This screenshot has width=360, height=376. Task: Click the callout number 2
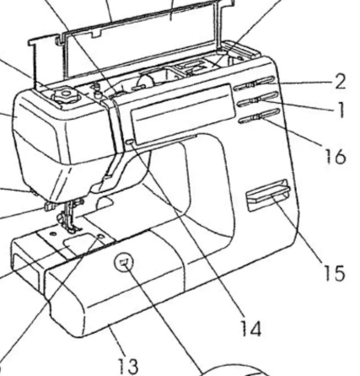[x=340, y=82]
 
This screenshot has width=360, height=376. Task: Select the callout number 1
[x=341, y=110]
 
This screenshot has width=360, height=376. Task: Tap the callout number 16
[x=336, y=156]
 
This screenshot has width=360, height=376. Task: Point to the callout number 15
[x=335, y=273]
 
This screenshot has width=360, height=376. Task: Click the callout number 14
[x=251, y=328]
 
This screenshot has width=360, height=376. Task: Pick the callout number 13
[x=128, y=366]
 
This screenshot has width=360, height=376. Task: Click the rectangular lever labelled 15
[x=268, y=195]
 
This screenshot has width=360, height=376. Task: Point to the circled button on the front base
[x=124, y=262]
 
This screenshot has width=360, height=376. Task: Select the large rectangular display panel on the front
[x=183, y=114]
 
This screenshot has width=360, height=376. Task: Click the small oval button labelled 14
[x=130, y=142]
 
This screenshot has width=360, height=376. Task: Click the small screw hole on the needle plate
[x=51, y=234]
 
